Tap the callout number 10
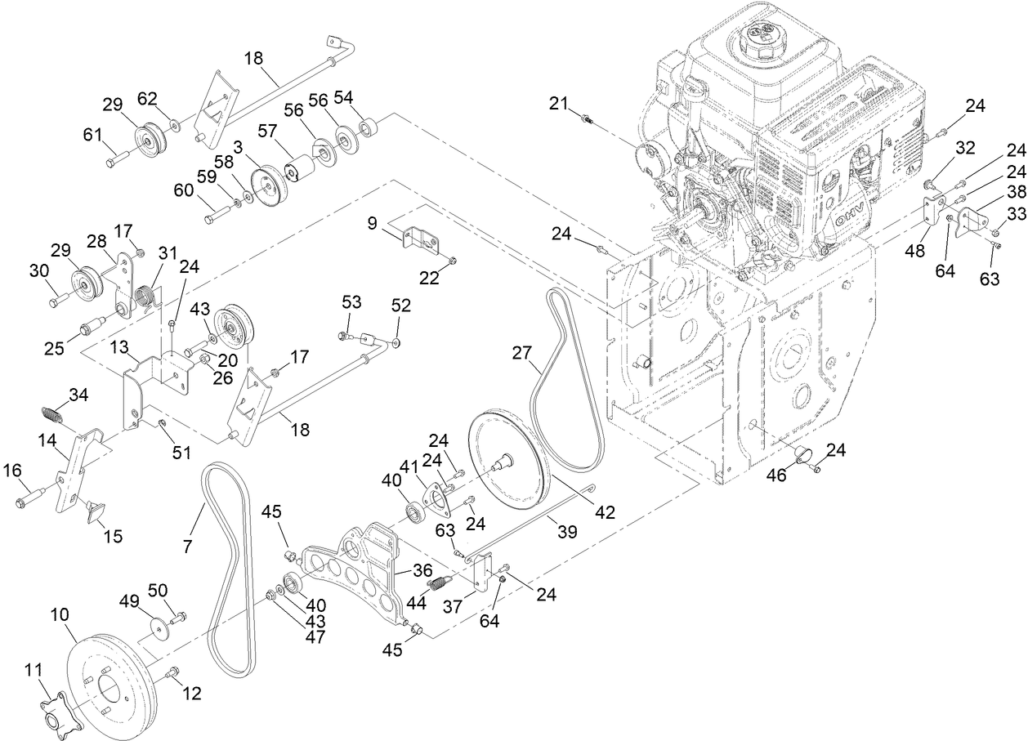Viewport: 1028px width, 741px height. [60, 613]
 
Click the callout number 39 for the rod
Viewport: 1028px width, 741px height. [566, 531]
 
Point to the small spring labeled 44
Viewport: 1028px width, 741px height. [440, 583]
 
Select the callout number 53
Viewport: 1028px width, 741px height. [351, 303]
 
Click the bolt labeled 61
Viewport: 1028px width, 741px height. [117, 158]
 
